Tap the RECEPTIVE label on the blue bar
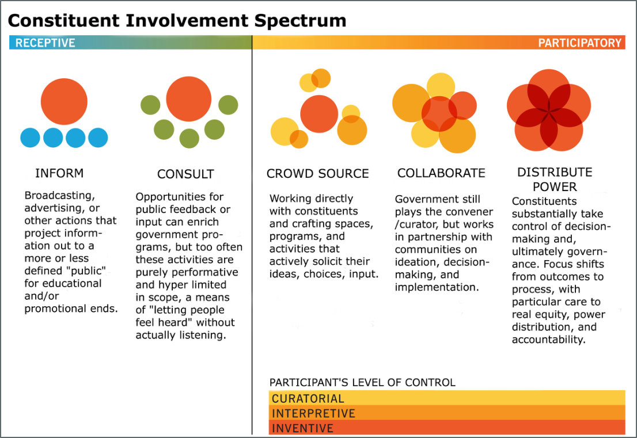click(x=45, y=43)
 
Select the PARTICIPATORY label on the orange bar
click(x=580, y=43)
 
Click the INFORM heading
click(x=59, y=173)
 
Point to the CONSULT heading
click(x=185, y=174)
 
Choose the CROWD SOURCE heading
click(x=318, y=174)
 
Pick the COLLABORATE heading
click(x=441, y=173)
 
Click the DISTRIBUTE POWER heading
click(x=555, y=180)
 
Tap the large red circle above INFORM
click(x=64, y=101)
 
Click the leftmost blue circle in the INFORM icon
click(x=30, y=138)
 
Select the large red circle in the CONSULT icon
click(x=189, y=99)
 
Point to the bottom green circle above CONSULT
click(x=189, y=139)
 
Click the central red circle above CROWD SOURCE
click(x=319, y=114)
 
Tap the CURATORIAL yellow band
click(x=447, y=398)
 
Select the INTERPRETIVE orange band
click(x=447, y=413)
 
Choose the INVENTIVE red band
click(x=447, y=428)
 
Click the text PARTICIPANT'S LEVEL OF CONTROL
click(x=362, y=382)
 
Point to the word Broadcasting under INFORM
click(x=60, y=196)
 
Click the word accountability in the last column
click(x=548, y=340)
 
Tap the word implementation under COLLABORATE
click(x=437, y=287)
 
